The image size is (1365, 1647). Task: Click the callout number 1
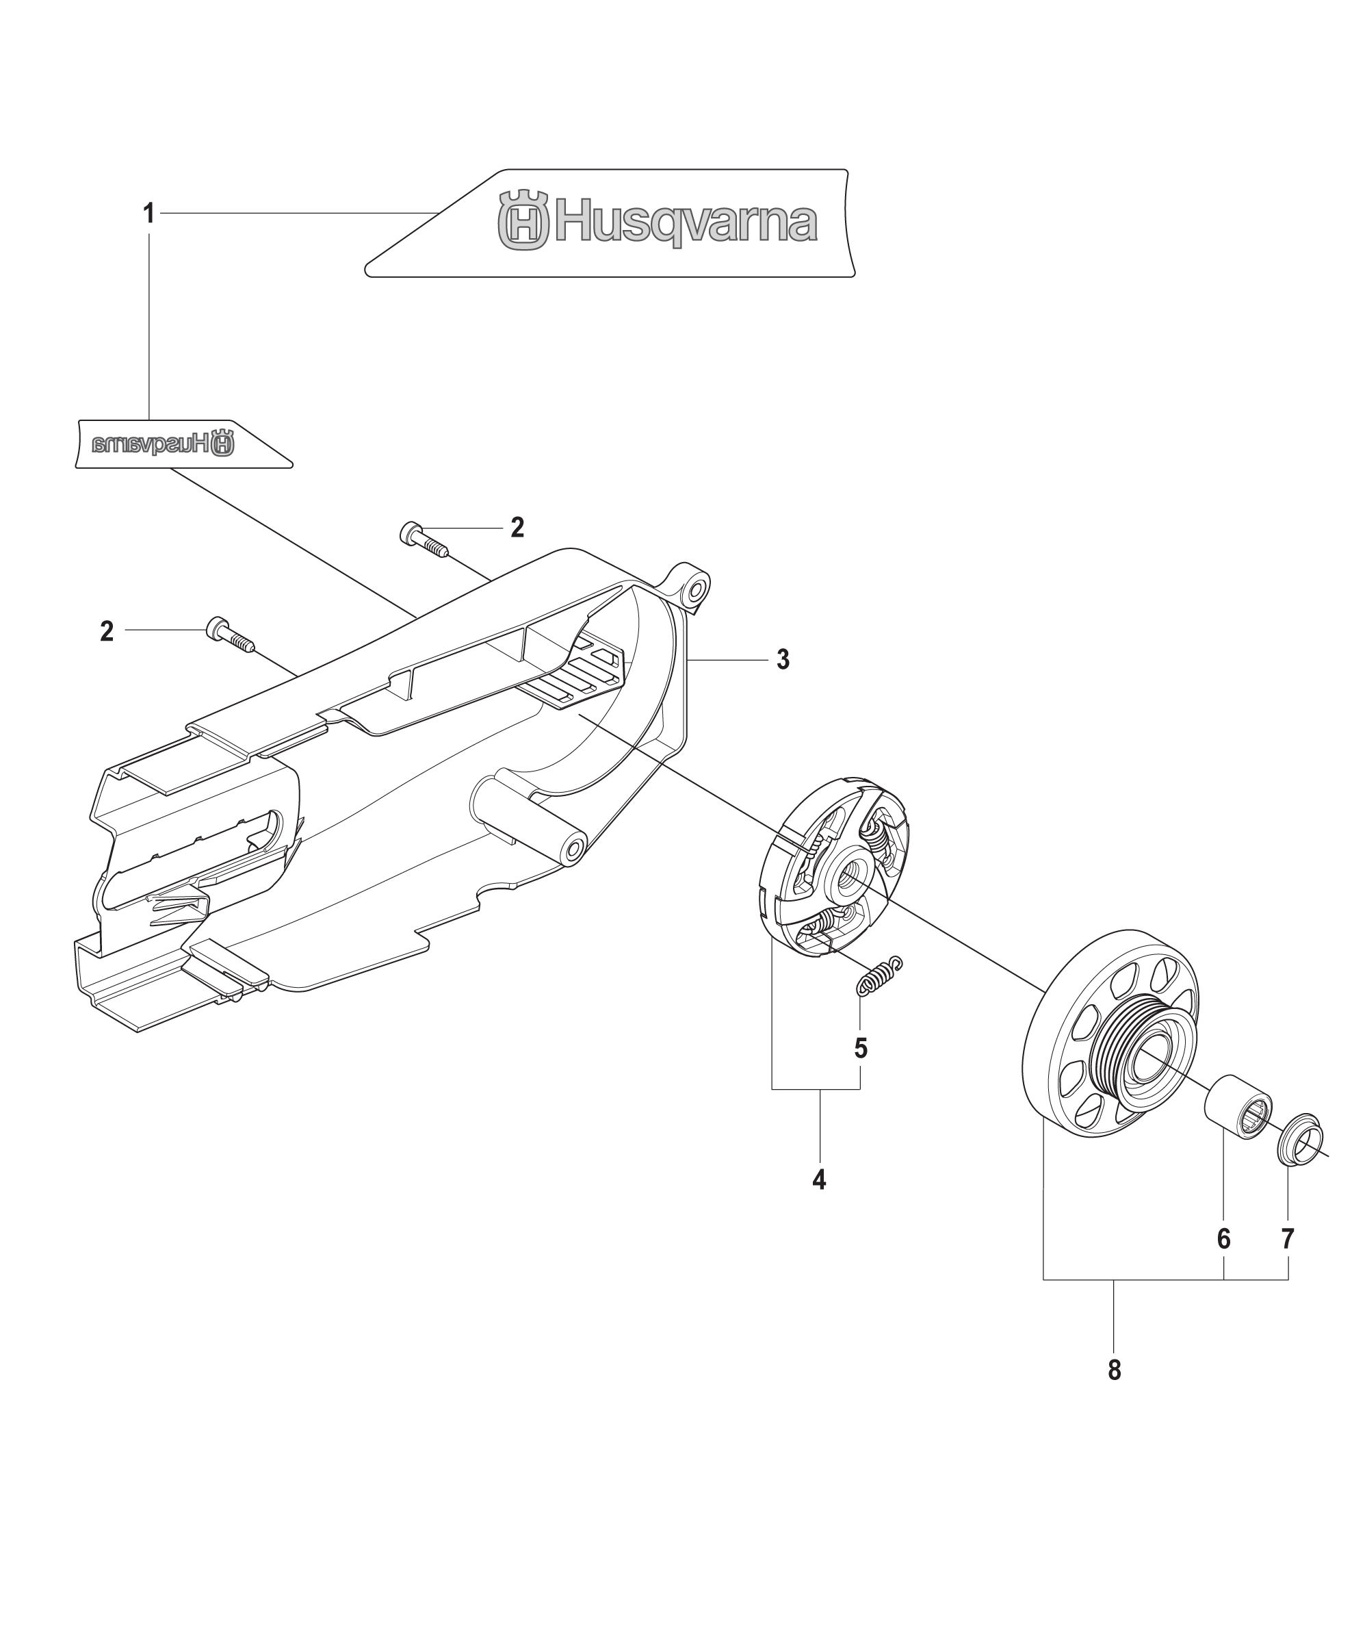(x=148, y=214)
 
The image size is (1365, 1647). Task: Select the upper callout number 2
(x=517, y=528)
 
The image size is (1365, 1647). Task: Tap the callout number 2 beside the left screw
(x=107, y=631)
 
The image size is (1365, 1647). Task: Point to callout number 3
(x=783, y=661)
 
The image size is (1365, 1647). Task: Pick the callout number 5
(x=861, y=1049)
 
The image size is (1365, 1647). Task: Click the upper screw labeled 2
(x=424, y=539)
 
